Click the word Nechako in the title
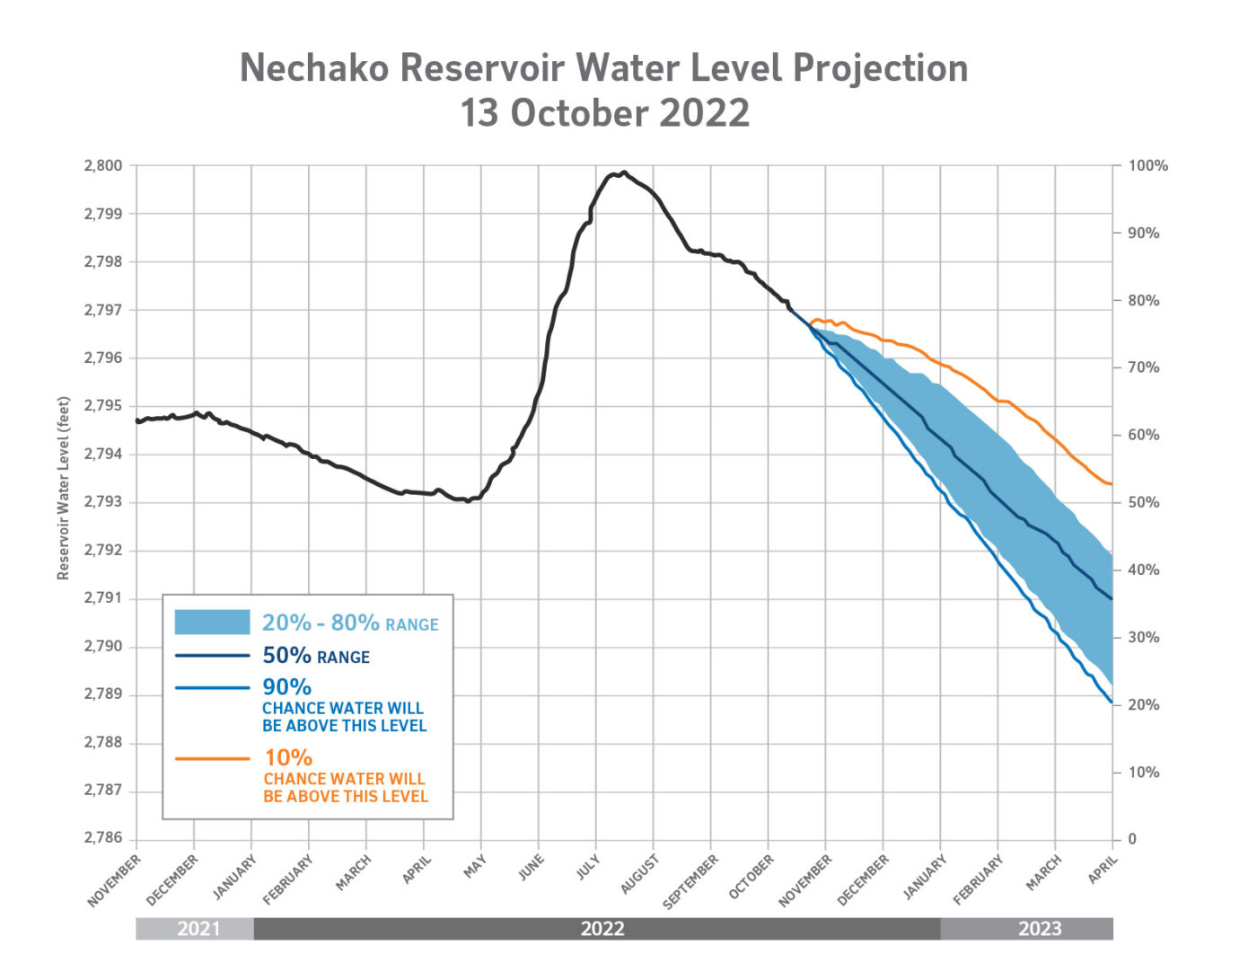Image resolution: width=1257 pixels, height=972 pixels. click(313, 68)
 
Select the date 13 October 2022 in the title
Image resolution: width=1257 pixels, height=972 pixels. click(604, 113)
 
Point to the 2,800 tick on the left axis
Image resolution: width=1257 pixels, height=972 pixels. click(103, 165)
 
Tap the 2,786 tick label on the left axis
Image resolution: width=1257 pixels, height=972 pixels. click(103, 837)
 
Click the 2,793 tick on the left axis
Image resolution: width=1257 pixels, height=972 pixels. click(103, 502)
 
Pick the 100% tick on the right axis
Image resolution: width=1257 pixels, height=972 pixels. click(1147, 165)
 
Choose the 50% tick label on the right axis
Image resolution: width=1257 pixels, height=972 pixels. click(1143, 502)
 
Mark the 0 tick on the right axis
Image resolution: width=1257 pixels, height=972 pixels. click(1132, 839)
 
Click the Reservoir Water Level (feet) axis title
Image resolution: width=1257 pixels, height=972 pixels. click(63, 488)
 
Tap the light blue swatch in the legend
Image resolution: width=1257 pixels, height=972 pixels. click(212, 622)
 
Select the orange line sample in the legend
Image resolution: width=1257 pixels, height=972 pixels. click(212, 759)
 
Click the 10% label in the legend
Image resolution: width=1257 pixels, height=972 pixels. click(288, 758)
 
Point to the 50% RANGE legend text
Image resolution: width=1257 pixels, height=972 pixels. click(315, 656)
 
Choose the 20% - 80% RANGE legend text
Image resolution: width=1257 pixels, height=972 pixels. click(350, 623)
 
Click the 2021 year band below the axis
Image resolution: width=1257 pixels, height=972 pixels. click(198, 929)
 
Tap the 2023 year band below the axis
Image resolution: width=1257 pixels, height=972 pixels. click(1039, 929)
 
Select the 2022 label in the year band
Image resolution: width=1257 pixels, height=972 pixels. click(602, 929)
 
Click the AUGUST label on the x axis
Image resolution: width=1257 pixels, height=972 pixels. click(639, 874)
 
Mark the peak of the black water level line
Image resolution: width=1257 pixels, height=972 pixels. click(624, 172)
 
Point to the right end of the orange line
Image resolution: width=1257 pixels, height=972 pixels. click(1112, 484)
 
